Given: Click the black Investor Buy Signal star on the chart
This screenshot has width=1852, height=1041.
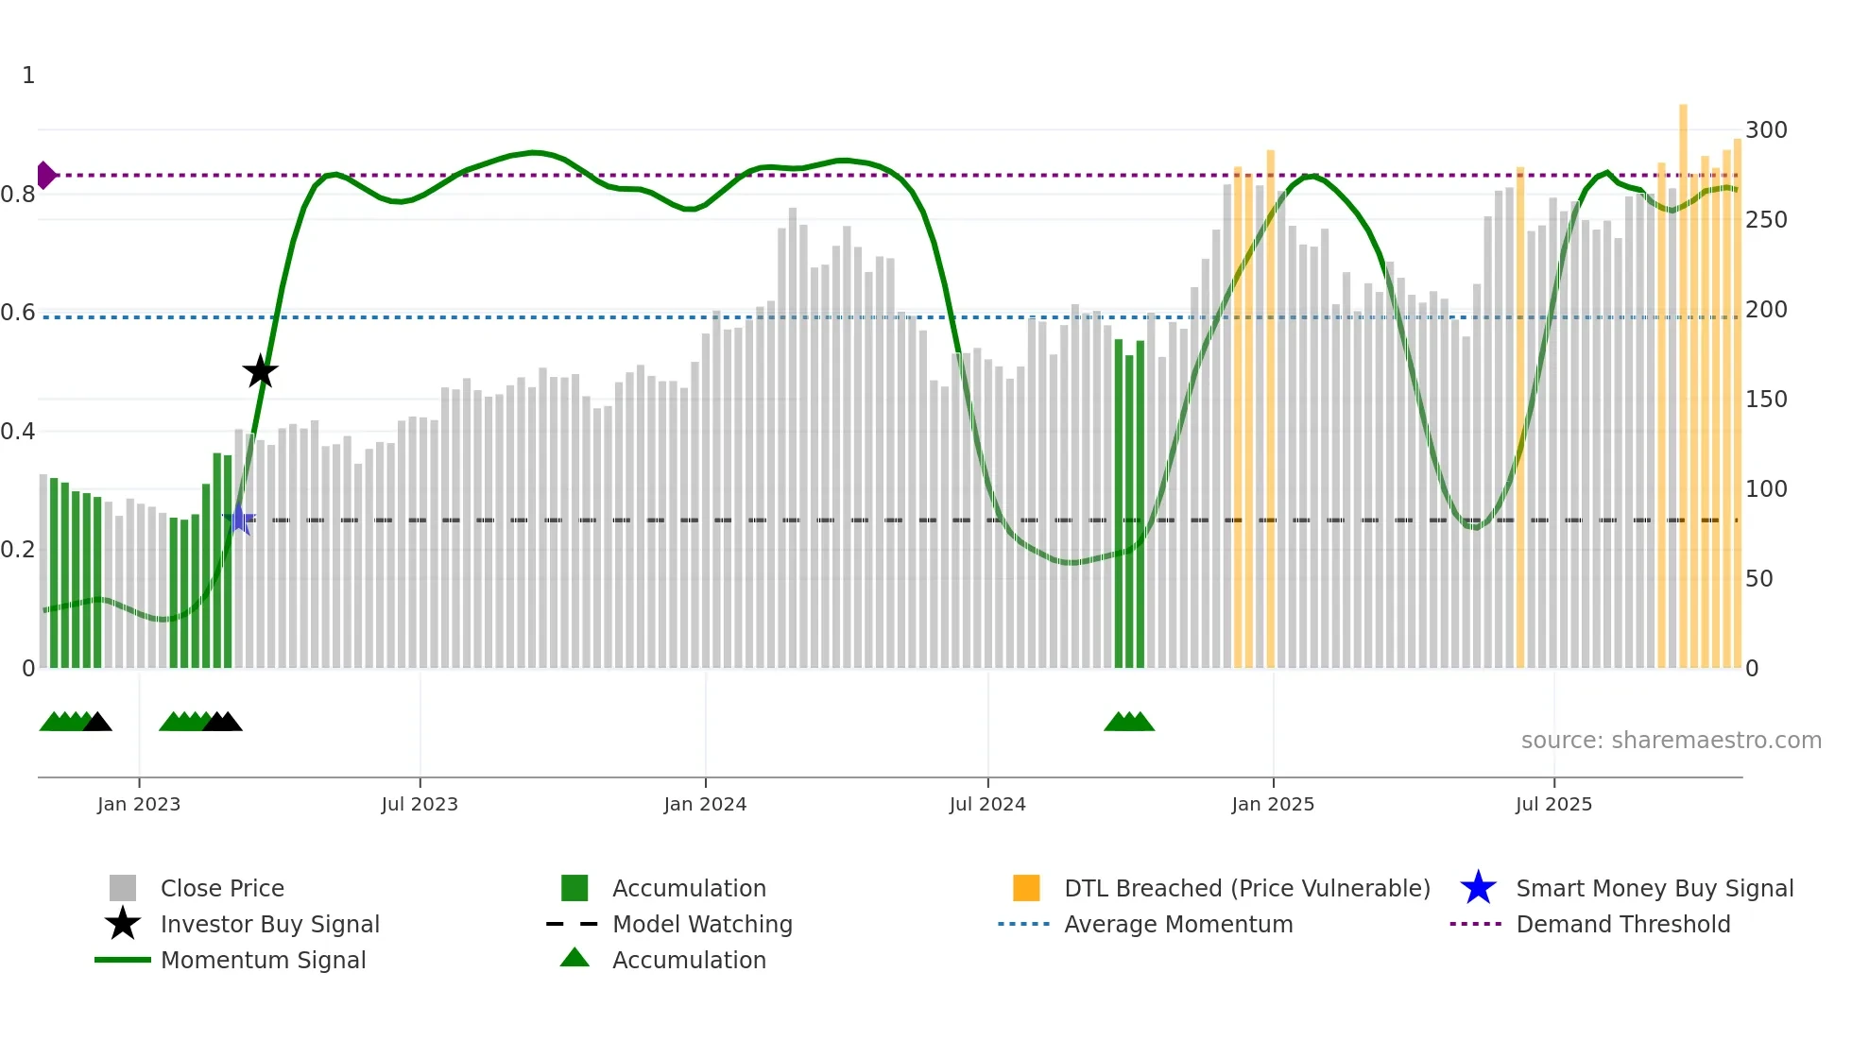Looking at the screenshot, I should pos(260,371).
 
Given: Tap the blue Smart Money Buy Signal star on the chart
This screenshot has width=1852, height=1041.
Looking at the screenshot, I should pos(240,519).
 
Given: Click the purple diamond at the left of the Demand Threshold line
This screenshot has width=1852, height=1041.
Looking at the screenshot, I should pos(45,175).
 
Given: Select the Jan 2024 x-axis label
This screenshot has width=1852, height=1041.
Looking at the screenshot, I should pos(705,804).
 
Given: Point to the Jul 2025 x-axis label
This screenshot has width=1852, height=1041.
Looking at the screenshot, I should pos(1553,804).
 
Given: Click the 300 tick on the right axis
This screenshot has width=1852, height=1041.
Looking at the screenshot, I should pos(1766,130).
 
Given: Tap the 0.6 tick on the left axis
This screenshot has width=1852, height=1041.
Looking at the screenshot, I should pos(18,313).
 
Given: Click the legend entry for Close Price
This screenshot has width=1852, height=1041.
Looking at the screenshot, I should pos(222,888).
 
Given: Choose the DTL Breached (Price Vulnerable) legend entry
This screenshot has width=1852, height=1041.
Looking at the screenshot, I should pos(1246,888).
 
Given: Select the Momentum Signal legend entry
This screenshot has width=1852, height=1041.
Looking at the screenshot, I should pos(263,960).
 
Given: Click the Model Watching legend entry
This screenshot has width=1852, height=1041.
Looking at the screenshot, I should pos(702,924).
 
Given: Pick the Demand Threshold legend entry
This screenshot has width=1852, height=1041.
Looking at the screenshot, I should pos(1622,924).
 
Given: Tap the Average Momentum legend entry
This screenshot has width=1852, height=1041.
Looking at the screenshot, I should pos(1177,924).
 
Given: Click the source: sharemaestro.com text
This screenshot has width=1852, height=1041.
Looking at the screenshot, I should pos(1671,740).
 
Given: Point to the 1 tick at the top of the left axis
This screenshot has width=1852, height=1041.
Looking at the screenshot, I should pos(28,76).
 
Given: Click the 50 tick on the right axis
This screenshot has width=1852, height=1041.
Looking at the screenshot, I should pos(1758,579).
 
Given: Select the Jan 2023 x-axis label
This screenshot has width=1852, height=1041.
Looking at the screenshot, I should pos(139,804).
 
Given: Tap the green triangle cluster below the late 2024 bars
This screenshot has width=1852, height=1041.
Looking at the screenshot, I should pos(1128,722).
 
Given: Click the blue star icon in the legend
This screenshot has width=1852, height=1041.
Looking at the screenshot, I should pos(1478,888).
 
